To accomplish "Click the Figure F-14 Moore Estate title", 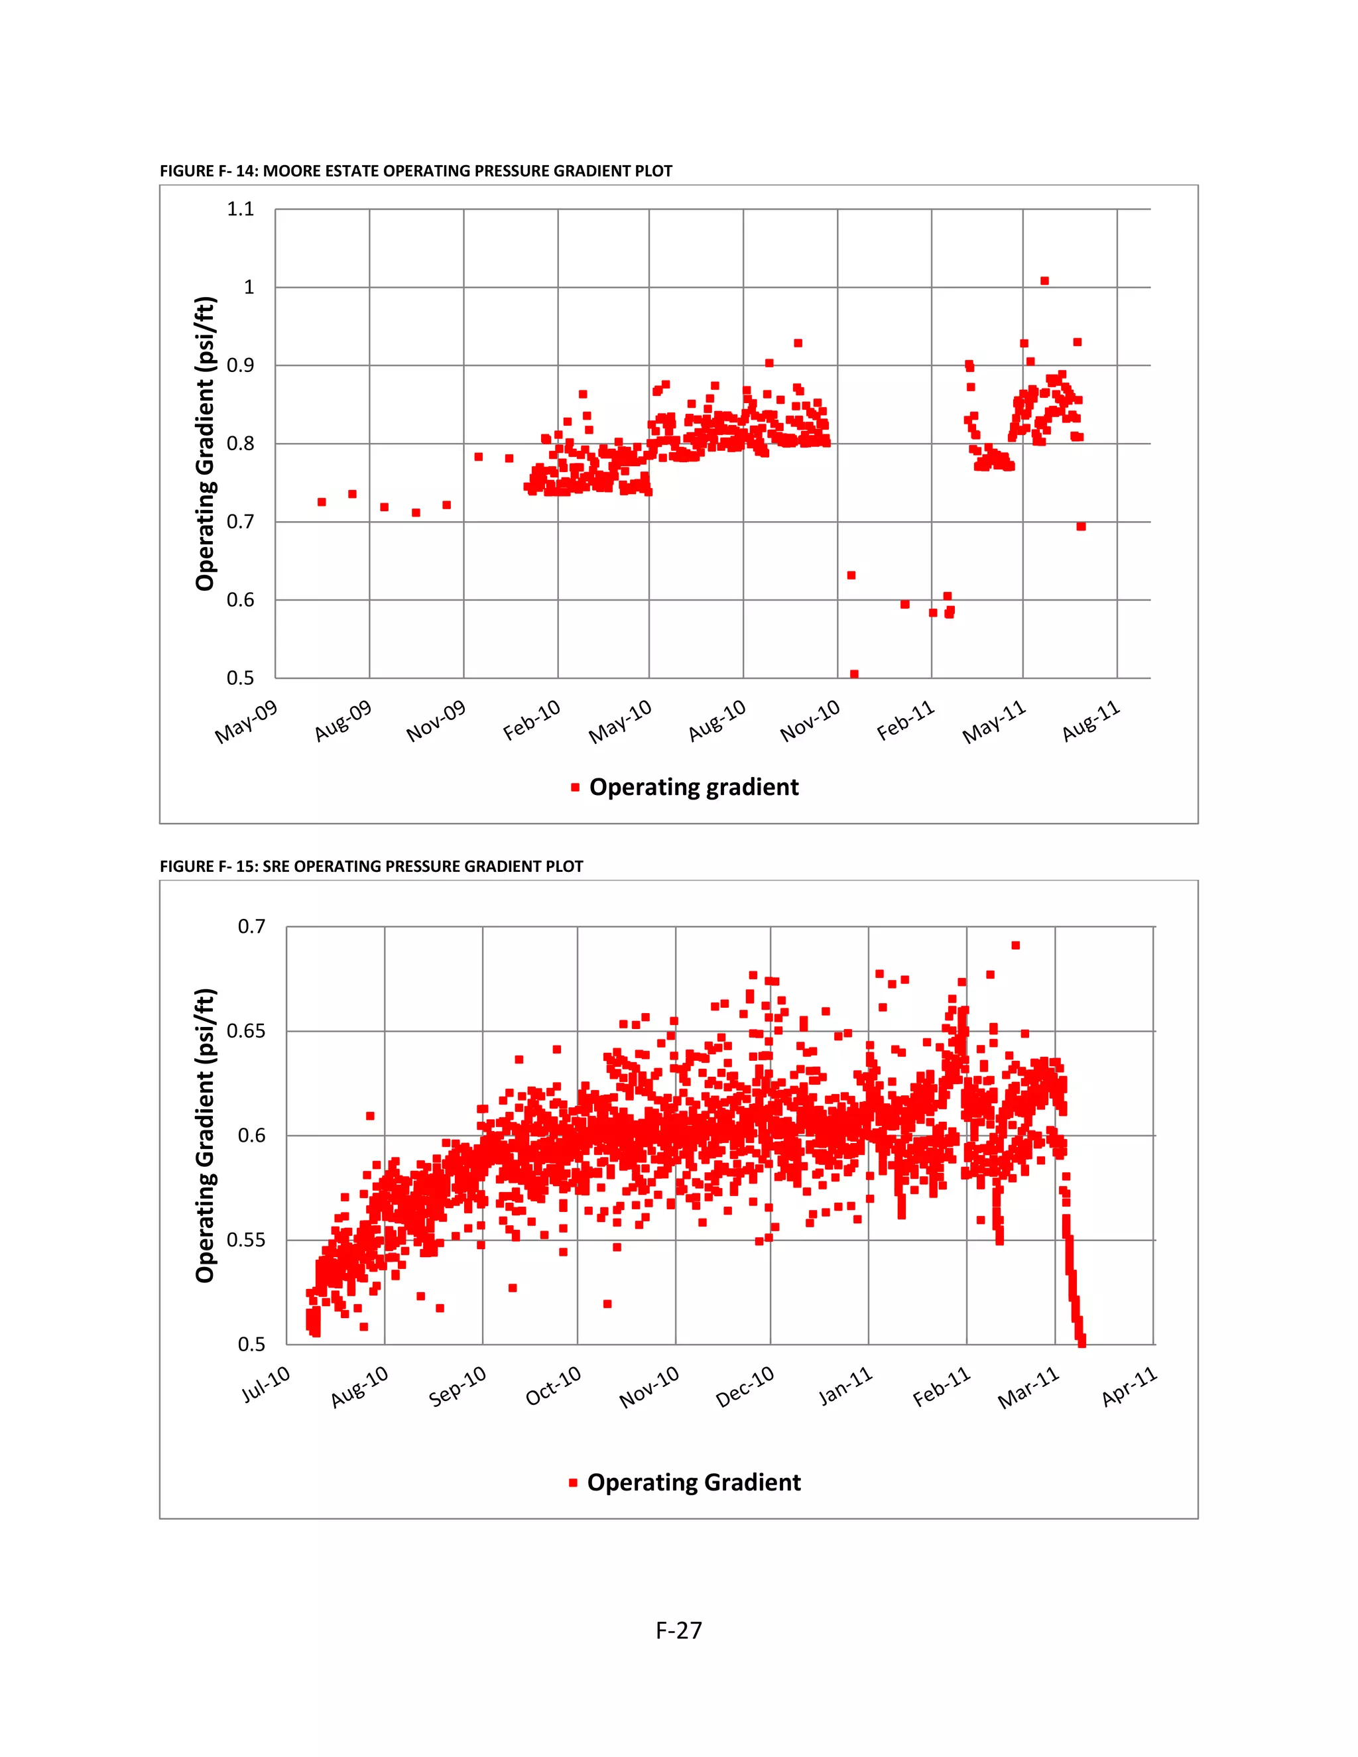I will pos(415,170).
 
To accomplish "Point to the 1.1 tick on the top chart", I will pos(241,209).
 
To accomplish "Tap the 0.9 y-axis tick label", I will pos(241,365).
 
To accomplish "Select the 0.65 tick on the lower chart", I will pos(245,1032).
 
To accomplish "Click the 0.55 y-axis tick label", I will pos(245,1240).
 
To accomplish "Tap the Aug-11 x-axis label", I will pos(1091,721).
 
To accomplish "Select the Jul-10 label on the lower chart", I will pos(267,1384).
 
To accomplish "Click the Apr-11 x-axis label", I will pos(1129,1385).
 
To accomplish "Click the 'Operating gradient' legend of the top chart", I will pos(694,787).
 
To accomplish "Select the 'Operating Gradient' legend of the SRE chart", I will pos(694,1482).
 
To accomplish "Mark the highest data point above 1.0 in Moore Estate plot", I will pos(1044,280).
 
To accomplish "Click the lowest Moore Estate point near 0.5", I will pos(854,674).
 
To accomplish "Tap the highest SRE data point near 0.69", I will pos(1015,945).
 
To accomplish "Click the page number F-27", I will pos(678,1630).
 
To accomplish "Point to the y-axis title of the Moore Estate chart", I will pos(205,444).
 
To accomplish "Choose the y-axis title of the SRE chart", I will pos(205,1135).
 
